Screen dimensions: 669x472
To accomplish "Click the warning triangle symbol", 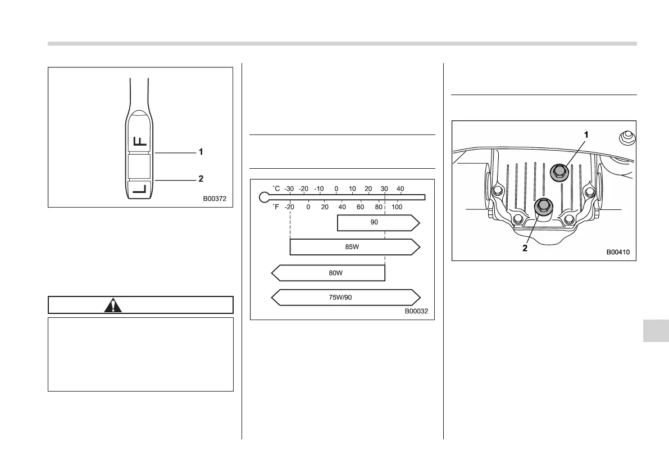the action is click(x=113, y=305).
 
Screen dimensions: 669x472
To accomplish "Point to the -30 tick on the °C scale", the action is click(x=290, y=188).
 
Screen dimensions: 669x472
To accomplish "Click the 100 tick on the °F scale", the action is click(x=397, y=206).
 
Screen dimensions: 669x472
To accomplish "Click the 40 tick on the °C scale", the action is click(x=401, y=188).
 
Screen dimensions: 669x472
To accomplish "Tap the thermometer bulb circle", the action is click(x=264, y=197).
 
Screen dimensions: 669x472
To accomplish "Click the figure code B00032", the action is click(x=417, y=311).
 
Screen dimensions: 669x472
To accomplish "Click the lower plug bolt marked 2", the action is click(x=542, y=206).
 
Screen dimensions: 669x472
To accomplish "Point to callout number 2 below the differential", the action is click(x=525, y=248).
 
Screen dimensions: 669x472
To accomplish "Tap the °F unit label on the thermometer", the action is click(x=276, y=206).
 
